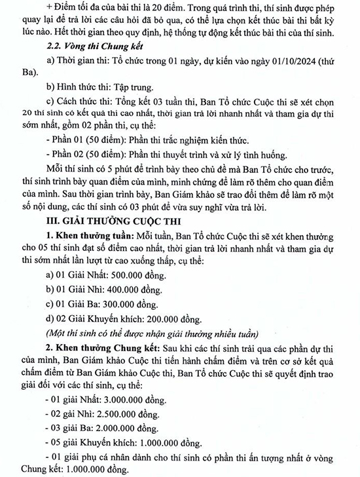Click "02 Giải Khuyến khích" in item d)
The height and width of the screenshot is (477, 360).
pos(96,320)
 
